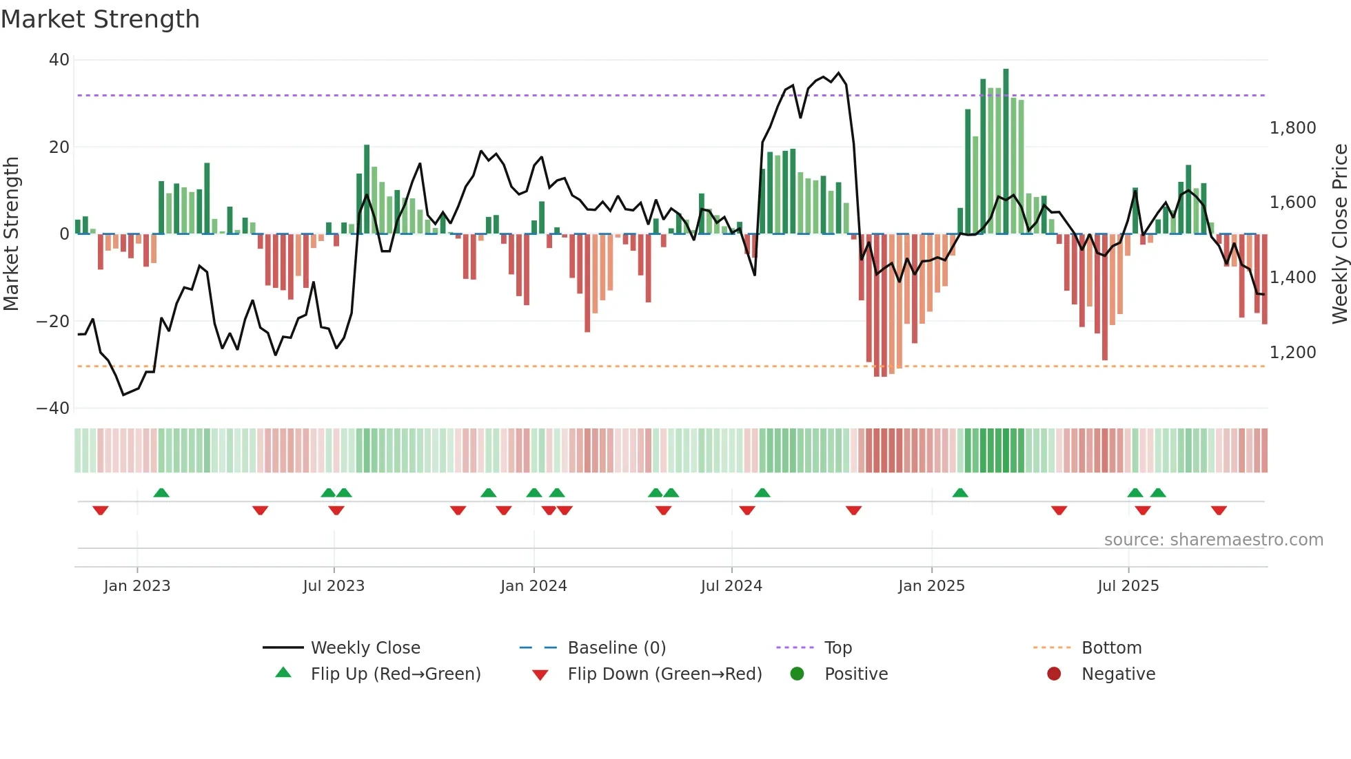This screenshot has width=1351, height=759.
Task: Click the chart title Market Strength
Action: click(x=100, y=19)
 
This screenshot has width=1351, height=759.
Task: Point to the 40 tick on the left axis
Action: click(x=59, y=60)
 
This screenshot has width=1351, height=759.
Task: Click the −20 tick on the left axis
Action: click(x=53, y=322)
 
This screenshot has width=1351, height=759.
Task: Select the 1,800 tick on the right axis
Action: click(x=1292, y=128)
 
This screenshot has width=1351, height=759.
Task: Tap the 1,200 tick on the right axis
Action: click(x=1292, y=353)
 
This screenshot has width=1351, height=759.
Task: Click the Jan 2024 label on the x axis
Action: click(x=534, y=586)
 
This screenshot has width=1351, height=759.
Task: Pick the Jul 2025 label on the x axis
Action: click(x=1128, y=586)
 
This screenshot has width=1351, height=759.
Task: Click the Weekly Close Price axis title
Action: click(x=1339, y=234)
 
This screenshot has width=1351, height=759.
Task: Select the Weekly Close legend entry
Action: click(x=365, y=648)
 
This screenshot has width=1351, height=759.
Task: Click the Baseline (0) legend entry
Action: click(x=616, y=648)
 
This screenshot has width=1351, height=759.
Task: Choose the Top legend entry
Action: click(x=838, y=648)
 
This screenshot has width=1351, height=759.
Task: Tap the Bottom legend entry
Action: click(x=1111, y=648)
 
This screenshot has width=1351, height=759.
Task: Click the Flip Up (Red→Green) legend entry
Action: click(x=395, y=674)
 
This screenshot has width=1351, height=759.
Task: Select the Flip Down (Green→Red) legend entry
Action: click(x=664, y=674)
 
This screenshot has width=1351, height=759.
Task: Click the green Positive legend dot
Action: click(x=797, y=674)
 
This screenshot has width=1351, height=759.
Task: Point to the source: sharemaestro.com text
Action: click(x=1213, y=540)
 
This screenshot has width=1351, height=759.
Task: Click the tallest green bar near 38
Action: click(x=1006, y=152)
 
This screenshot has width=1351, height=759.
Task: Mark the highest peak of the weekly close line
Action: click(x=838, y=73)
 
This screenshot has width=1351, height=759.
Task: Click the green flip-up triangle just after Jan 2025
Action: click(x=959, y=492)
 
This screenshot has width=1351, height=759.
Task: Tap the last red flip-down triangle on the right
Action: click(x=1219, y=510)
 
